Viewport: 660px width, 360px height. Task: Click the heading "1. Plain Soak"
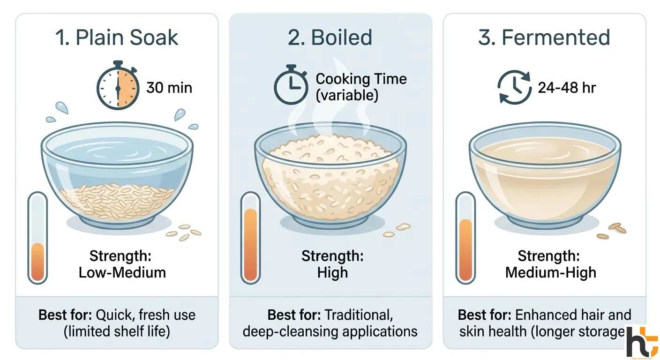point(117,38)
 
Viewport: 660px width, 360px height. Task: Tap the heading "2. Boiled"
point(330,38)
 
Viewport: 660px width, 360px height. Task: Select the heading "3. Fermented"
point(544,38)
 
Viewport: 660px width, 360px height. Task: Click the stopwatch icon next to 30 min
point(118,87)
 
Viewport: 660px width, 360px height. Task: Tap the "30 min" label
point(169,88)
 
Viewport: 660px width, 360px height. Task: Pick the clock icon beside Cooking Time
point(290,87)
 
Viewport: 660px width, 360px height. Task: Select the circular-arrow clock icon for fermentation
point(513,88)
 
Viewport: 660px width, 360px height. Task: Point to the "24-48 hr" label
point(567,88)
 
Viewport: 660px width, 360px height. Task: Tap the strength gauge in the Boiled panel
point(250,239)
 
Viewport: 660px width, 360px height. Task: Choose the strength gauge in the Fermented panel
point(465,239)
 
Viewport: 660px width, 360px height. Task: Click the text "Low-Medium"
point(122,272)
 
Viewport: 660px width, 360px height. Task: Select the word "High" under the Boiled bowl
point(332,272)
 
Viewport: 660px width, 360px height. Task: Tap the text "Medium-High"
point(550,272)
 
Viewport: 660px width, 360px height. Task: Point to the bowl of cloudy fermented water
point(545,173)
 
